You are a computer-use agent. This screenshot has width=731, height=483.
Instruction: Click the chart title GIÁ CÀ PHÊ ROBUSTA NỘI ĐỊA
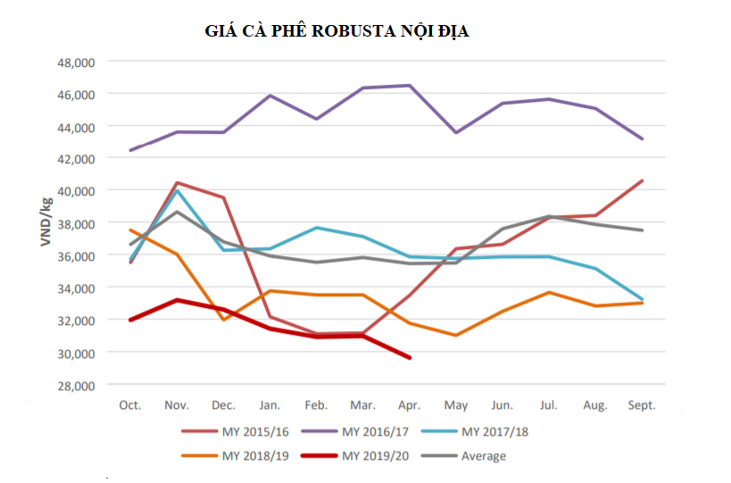point(336,31)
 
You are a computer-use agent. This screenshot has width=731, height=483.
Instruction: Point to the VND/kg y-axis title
point(46,222)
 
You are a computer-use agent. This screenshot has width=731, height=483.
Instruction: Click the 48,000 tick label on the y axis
point(76,62)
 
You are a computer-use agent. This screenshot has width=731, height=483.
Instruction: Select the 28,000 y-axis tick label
point(76,386)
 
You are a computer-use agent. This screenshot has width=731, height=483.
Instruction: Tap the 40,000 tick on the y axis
point(76,191)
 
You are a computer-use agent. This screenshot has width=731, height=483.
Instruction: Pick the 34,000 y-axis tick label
point(76,288)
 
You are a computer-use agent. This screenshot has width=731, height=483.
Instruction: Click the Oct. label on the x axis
point(130,405)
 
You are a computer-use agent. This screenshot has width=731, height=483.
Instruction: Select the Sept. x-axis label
point(642,405)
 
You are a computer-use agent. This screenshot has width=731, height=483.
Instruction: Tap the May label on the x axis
point(456,405)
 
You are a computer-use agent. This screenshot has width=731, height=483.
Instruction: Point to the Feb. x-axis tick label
point(316,405)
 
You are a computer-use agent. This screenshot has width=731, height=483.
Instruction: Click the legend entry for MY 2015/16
point(236,432)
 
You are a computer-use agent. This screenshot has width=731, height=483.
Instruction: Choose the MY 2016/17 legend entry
point(355,432)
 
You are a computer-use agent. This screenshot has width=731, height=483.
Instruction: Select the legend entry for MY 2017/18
point(475,432)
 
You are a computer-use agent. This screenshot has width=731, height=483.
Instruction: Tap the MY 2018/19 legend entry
point(236,456)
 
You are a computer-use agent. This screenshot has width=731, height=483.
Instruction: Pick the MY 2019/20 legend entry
point(355,456)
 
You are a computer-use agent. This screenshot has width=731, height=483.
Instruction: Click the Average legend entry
point(463,456)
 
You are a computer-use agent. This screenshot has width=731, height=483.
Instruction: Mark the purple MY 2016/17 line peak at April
point(410,86)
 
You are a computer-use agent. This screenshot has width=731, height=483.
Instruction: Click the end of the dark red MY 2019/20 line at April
point(410,358)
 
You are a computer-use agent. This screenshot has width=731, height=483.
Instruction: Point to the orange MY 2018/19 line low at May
point(456,335)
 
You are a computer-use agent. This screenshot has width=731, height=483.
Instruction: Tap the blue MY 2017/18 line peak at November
point(177,191)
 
